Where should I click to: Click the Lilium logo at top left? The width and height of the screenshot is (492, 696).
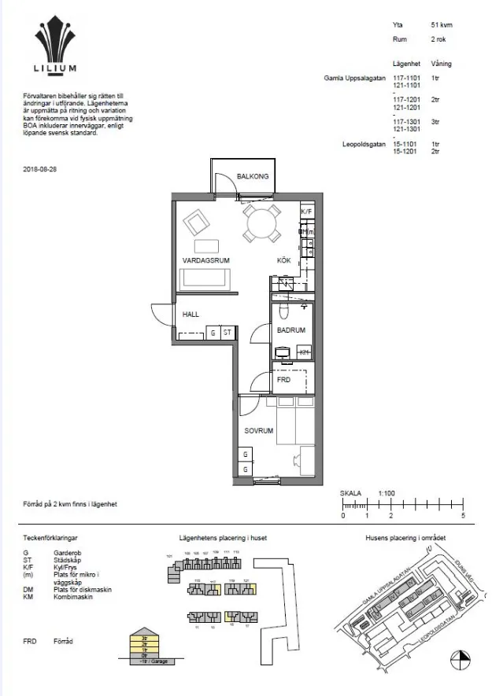pos(56,47)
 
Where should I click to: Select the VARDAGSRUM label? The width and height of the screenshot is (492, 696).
pos(206,260)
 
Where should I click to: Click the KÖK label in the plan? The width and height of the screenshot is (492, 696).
pos(283,260)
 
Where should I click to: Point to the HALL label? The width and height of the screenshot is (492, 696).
pos(191,314)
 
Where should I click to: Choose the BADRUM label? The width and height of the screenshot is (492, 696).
pos(290,331)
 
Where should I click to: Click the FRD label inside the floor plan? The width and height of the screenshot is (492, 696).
pos(283,381)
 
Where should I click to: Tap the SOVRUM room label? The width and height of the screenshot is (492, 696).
pos(258,431)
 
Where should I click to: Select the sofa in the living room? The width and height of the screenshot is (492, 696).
pos(205,279)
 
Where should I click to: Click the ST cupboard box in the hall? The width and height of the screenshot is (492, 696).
pos(228,333)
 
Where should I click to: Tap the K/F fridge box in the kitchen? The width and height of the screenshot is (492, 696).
pos(307,212)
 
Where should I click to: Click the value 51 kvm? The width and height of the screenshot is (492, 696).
pos(441,25)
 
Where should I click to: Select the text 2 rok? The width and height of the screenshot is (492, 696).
pos(439,39)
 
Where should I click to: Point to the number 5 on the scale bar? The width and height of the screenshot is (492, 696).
pos(464,517)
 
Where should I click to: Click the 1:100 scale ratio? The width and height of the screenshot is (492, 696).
pos(387,492)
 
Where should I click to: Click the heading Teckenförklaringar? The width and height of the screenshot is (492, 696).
pos(52,538)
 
